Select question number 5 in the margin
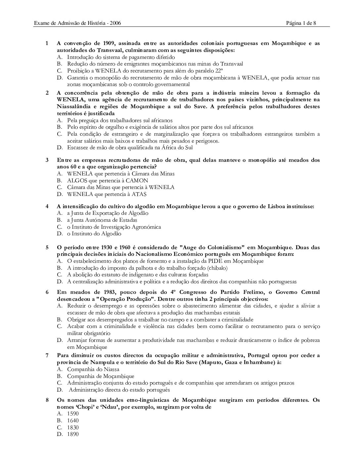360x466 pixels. [47, 247]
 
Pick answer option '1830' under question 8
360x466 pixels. [73, 427]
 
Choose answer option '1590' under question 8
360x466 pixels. [73, 414]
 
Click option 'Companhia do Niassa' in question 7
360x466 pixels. [93, 369]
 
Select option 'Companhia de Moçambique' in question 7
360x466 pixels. [101, 376]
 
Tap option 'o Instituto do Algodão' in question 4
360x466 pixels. [94, 234]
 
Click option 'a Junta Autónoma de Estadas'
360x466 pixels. [102, 220]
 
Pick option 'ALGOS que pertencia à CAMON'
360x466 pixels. [108, 180]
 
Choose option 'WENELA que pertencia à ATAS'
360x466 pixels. [107, 194]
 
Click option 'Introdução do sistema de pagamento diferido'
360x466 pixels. [121, 57]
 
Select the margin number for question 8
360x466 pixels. [47, 400]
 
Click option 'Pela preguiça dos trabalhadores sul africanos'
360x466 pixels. [120, 120]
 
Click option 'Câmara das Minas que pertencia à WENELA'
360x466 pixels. [121, 187]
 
